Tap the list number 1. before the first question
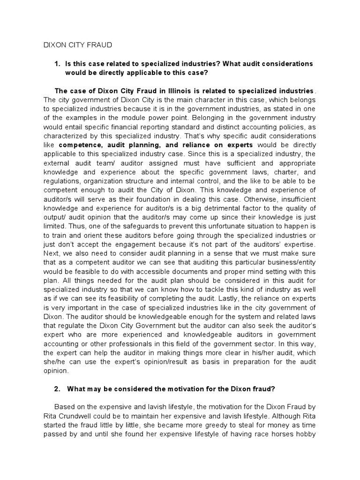59,63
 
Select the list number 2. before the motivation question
59,388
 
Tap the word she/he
55,361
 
